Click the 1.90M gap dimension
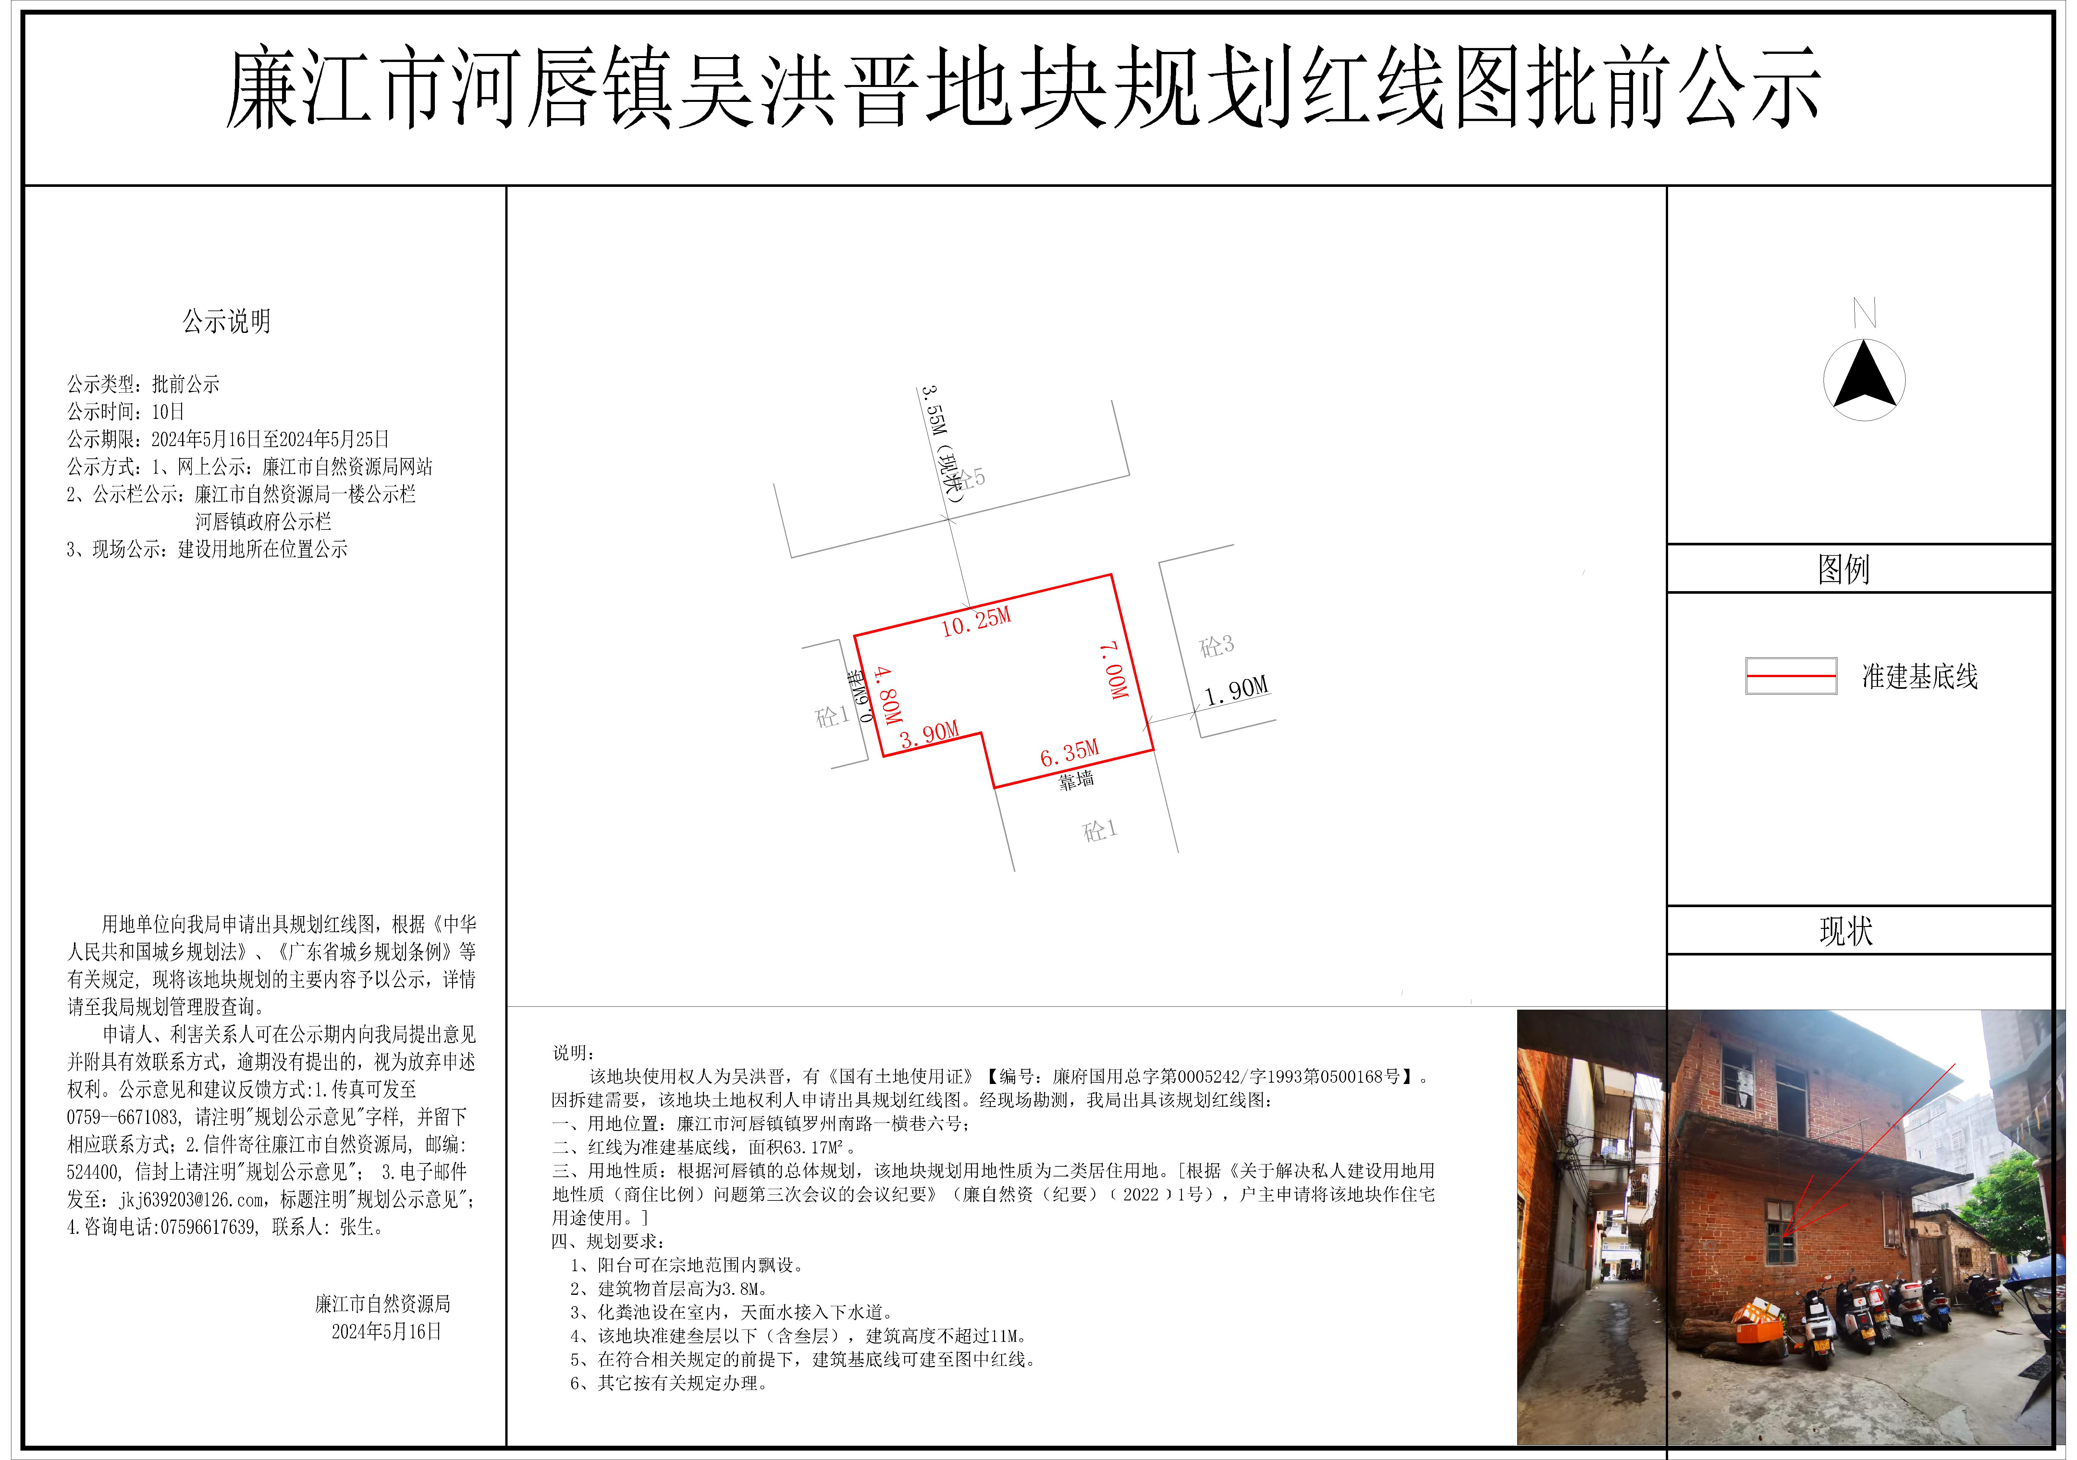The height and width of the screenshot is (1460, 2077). tap(1236, 691)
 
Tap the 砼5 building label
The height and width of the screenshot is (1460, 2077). tap(972, 478)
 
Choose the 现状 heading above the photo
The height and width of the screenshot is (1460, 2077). tap(1845, 931)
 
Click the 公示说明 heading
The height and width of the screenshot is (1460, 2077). tap(226, 321)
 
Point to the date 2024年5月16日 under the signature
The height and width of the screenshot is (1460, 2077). tap(386, 1332)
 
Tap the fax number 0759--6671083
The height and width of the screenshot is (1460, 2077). tap(122, 1117)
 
